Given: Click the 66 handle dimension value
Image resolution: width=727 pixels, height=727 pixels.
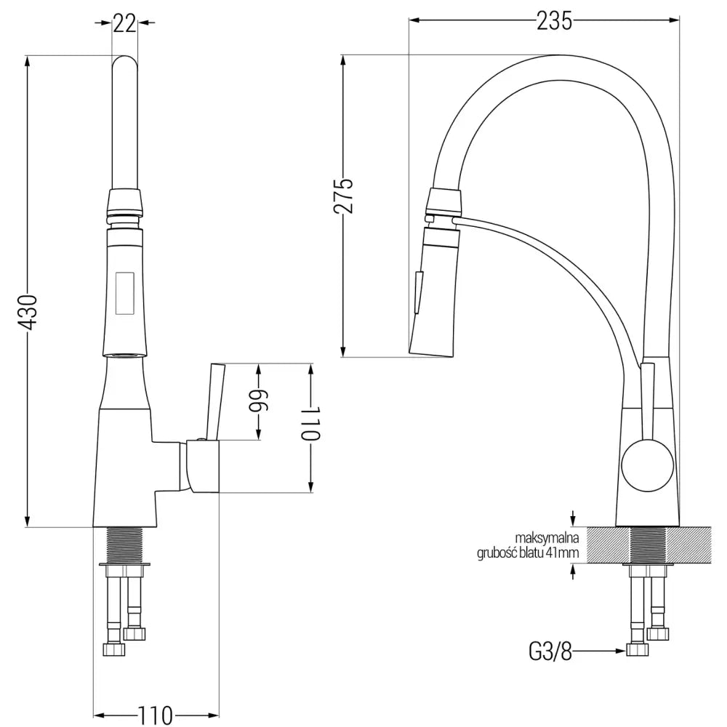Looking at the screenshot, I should click(x=258, y=401).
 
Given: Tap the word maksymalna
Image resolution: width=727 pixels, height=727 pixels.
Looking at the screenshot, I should click(x=547, y=538).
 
